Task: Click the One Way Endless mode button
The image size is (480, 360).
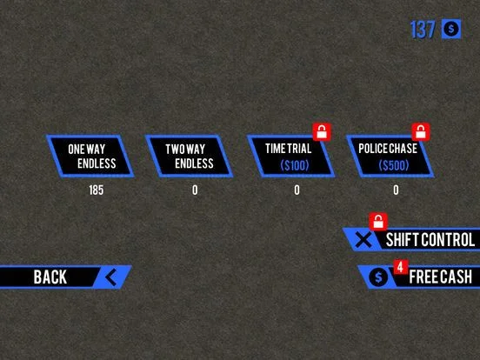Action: click(90, 157)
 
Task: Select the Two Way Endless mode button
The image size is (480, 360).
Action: click(190, 157)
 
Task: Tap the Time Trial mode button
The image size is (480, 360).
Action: click(290, 157)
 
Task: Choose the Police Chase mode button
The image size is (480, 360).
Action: click(390, 157)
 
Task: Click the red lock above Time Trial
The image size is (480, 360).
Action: click(322, 132)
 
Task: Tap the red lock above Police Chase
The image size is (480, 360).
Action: click(421, 132)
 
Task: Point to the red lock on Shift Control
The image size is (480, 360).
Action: click(378, 222)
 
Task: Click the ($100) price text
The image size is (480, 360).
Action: click(295, 165)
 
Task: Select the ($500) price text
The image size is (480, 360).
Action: click(394, 165)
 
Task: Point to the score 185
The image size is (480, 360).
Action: click(97, 190)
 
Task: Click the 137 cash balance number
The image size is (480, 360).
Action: click(423, 30)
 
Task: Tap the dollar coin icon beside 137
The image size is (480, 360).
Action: click(451, 29)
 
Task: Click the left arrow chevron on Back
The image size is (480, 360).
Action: click(111, 277)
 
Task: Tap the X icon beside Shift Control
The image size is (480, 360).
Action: click(363, 239)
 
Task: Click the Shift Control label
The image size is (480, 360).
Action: click(430, 240)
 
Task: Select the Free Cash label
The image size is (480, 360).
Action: click(441, 277)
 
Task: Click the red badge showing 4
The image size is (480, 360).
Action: click(400, 267)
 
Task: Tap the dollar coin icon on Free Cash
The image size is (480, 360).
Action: click(378, 277)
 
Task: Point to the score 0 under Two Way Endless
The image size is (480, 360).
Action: click(195, 190)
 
